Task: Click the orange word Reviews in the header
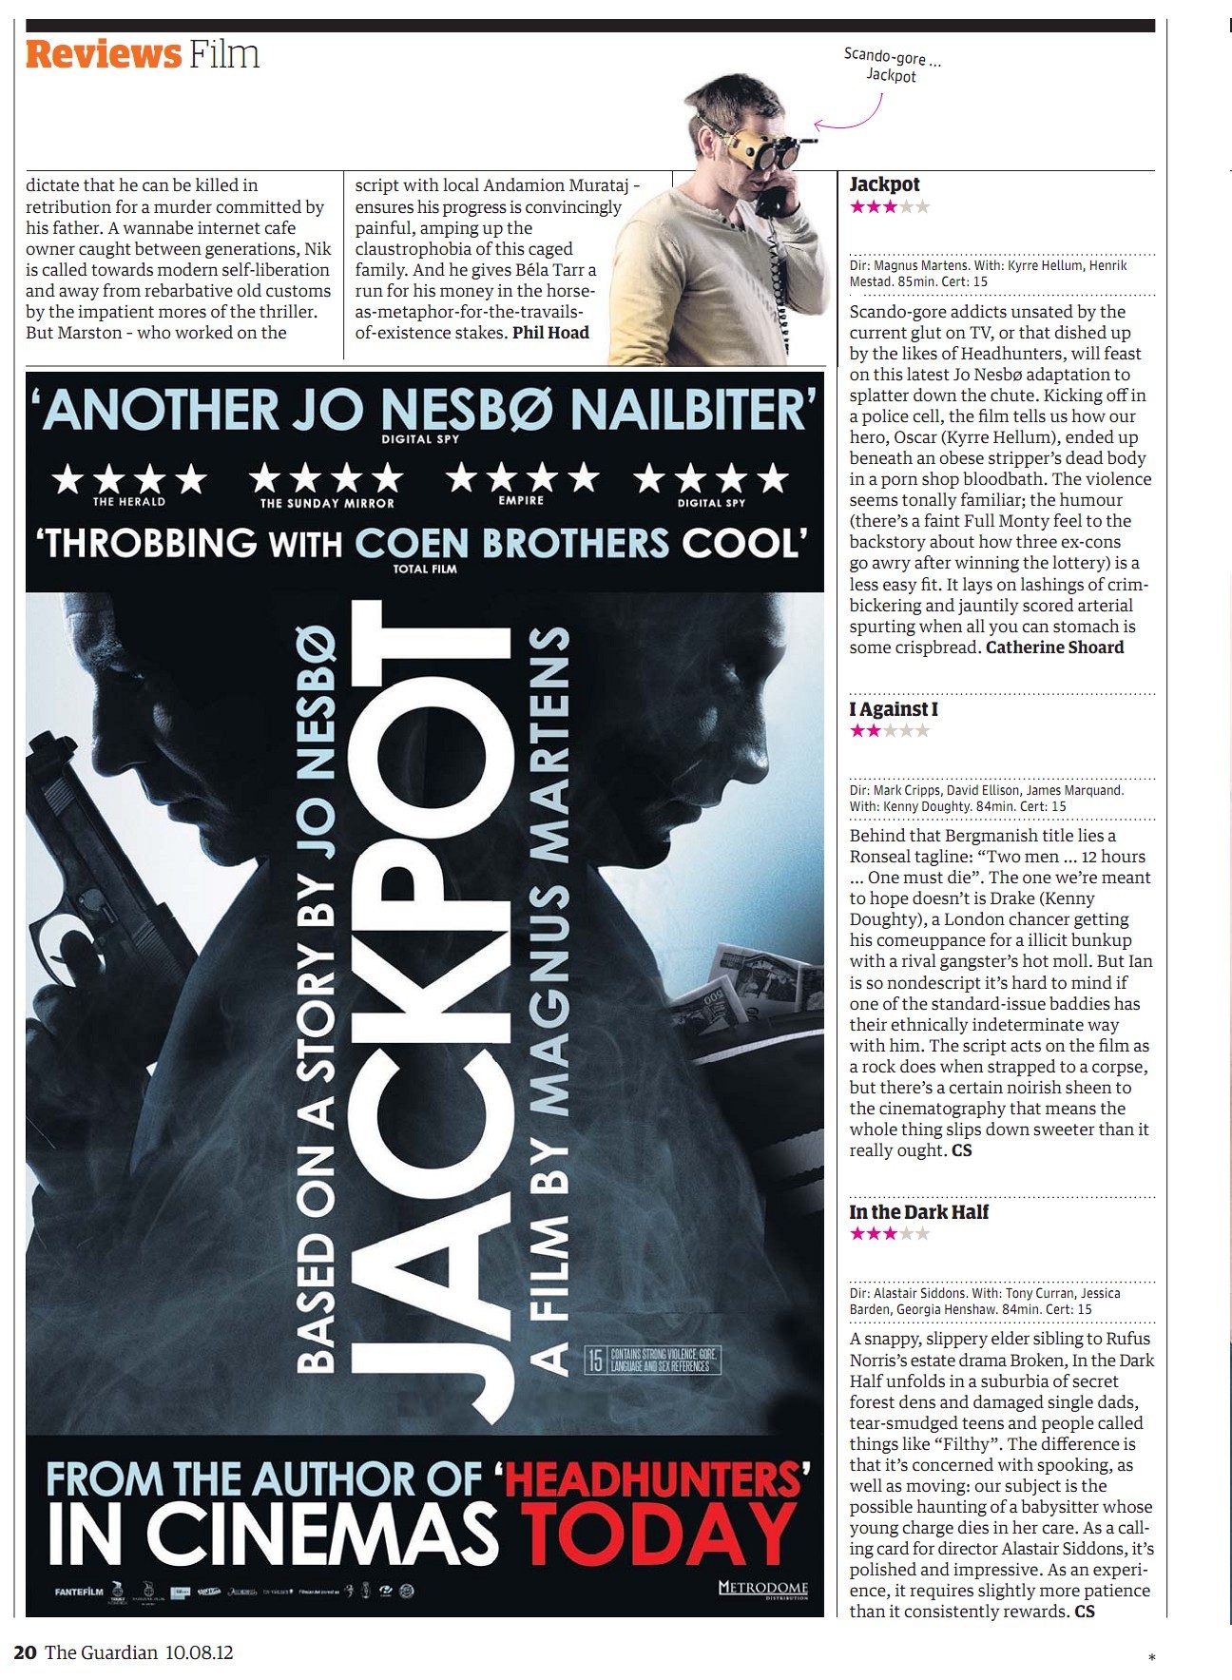103,54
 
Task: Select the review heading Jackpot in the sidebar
884,184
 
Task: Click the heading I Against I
893,709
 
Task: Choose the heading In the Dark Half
918,1212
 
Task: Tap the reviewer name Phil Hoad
550,333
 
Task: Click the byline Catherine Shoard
1054,647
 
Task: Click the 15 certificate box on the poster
595,1360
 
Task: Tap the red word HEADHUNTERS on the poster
655,1479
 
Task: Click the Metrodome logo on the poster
762,1589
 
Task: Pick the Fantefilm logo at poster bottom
79,1592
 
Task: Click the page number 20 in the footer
26,1652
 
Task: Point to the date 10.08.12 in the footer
199,1652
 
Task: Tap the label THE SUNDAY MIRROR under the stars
327,503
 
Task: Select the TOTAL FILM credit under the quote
425,569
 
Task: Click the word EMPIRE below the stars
521,500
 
